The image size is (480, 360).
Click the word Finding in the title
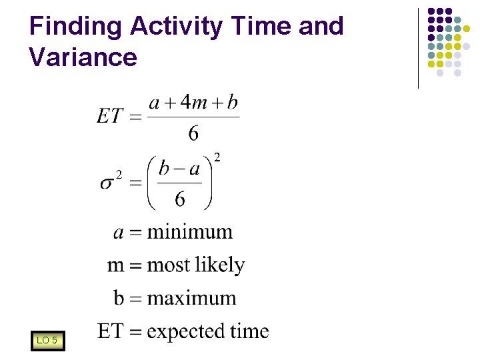pyautogui.click(x=76, y=27)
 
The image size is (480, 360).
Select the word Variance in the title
pyautogui.click(x=83, y=57)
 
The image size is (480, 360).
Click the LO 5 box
pyautogui.click(x=47, y=341)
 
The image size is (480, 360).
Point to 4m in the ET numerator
pyautogui.click(x=194, y=103)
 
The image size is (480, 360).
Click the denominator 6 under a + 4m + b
pyautogui.click(x=193, y=133)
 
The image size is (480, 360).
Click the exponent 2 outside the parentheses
pyautogui.click(x=217, y=157)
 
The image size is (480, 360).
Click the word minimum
pyautogui.click(x=190, y=232)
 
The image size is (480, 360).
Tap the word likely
pyautogui.click(x=221, y=265)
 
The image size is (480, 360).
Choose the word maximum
pyautogui.click(x=191, y=297)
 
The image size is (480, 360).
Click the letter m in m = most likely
pyautogui.click(x=116, y=265)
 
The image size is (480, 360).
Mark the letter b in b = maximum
pyautogui.click(x=119, y=297)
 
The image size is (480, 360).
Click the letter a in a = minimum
pyautogui.click(x=119, y=233)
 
